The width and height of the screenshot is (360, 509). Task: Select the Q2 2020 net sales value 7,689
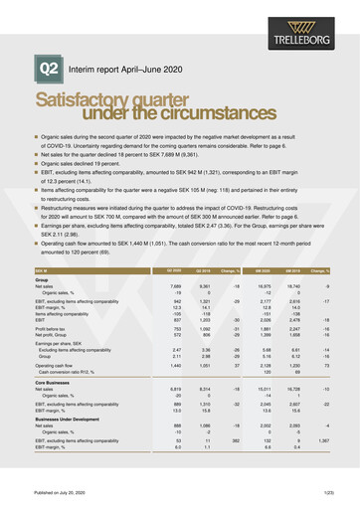(x=147, y=258)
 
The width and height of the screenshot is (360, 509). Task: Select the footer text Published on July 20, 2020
(x=62, y=494)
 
